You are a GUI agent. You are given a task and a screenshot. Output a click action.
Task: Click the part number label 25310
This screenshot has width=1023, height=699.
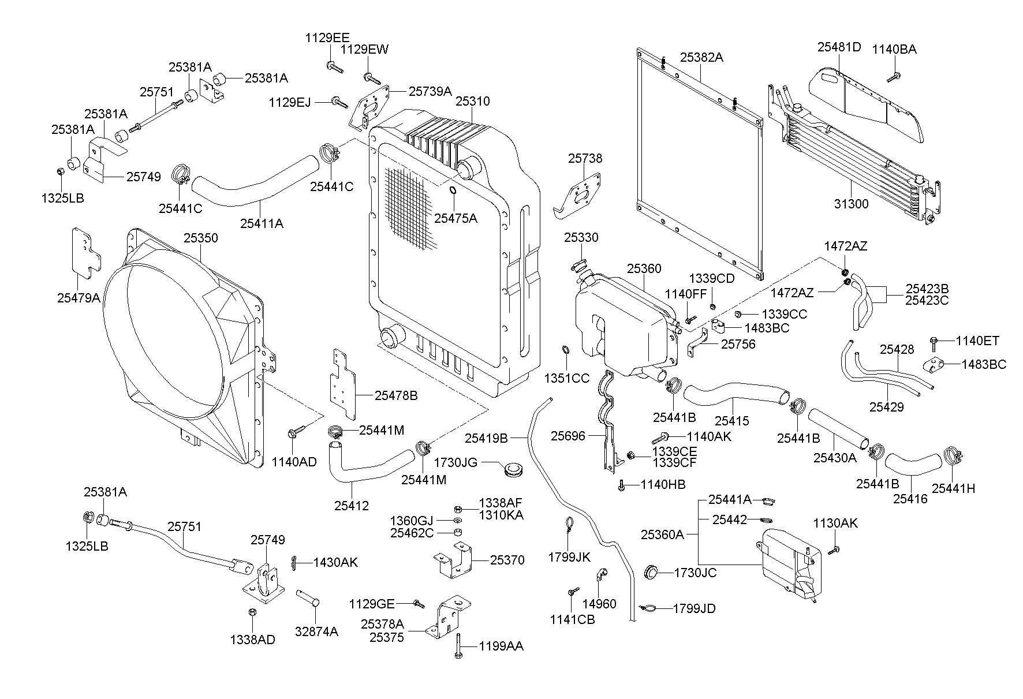click(x=472, y=102)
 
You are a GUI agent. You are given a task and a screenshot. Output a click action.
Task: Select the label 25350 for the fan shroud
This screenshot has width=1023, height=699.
click(x=201, y=238)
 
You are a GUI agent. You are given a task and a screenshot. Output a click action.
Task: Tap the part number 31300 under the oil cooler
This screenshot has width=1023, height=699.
click(x=851, y=204)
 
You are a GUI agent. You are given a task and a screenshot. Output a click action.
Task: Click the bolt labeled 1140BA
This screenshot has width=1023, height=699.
click(x=894, y=77)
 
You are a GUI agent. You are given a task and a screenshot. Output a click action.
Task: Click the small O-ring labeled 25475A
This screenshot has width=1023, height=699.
click(x=453, y=191)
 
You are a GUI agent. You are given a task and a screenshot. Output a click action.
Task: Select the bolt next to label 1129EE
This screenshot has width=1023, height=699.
click(x=334, y=67)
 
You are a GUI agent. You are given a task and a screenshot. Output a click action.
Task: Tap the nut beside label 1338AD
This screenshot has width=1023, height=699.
click(x=252, y=612)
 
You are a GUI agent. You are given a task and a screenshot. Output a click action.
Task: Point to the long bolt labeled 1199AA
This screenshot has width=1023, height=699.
click(x=457, y=645)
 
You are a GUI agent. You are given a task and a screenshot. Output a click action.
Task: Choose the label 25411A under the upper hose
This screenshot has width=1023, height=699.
click(x=262, y=223)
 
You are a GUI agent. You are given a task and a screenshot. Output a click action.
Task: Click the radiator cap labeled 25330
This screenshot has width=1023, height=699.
click(x=580, y=265)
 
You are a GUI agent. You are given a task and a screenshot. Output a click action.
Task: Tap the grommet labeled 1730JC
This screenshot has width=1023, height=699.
click(x=651, y=572)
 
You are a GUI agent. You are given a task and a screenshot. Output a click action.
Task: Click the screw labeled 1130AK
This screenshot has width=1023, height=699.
click(x=834, y=550)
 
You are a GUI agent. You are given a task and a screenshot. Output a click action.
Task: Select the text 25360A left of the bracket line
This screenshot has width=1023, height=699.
click(x=662, y=534)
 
